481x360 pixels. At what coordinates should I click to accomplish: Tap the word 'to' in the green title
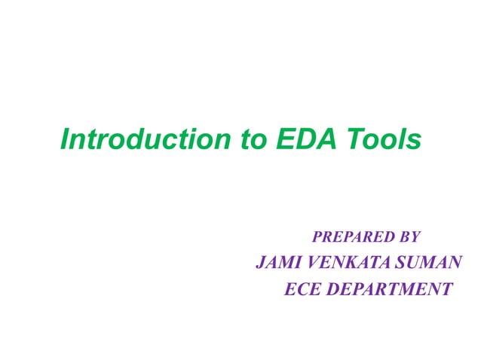tap(245, 140)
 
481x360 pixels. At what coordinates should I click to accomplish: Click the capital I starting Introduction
tap(64, 140)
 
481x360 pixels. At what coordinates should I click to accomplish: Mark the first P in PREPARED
tap(317, 238)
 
